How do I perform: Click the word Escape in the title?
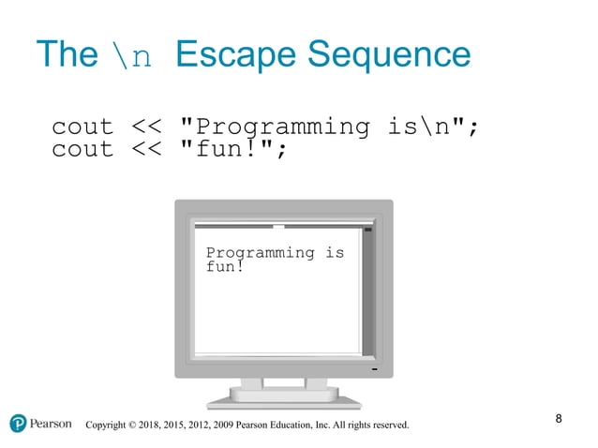(228, 55)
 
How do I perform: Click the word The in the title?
(65, 55)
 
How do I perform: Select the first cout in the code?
(82, 127)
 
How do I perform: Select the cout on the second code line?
(82, 149)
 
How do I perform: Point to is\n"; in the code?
(432, 127)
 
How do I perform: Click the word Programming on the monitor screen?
(260, 253)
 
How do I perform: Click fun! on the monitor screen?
(225, 267)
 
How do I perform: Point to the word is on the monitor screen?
(335, 252)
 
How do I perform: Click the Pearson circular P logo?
(18, 424)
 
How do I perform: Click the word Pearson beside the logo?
(51, 424)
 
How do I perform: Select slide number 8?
(559, 418)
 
